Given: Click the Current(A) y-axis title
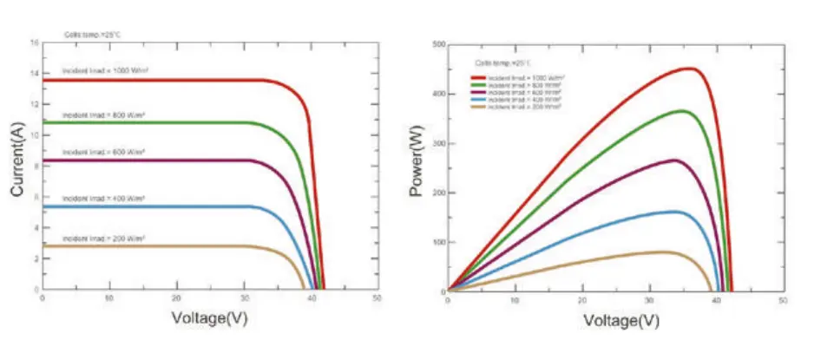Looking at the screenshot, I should coord(17,165).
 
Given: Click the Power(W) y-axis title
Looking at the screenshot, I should coord(417,165).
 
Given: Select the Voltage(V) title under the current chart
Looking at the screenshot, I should coord(209,318).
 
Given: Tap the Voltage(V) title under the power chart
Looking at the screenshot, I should coord(615,320).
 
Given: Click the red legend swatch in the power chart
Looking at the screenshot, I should coord(478,78).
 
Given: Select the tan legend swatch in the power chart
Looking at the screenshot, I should coord(478,106).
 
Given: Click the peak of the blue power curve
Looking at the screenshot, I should coord(675,212).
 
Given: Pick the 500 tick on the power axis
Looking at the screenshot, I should coord(439,44).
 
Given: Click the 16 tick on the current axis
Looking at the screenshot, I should coord(34,43).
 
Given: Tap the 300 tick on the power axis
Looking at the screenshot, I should coord(439,143).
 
